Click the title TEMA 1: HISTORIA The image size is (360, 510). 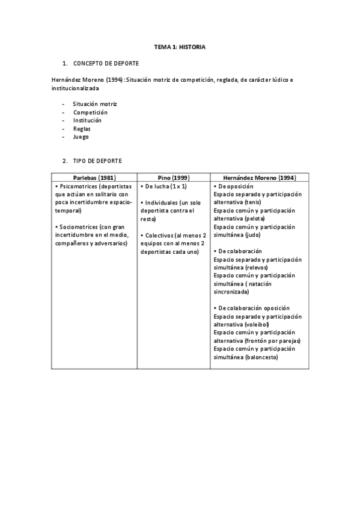pyautogui.click(x=180, y=47)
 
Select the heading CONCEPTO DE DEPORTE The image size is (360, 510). pyautogui.click(x=106, y=63)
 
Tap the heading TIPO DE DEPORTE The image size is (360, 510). pyautogui.click(x=97, y=161)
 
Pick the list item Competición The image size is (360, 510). pyautogui.click(x=90, y=112)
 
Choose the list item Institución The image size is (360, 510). pyautogui.click(x=87, y=120)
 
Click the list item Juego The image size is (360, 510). pyautogui.click(x=81, y=137)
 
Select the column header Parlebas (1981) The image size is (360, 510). pyautogui.click(x=94, y=178)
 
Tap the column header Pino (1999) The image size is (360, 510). pyautogui.click(x=173, y=178)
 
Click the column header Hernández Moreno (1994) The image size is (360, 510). pyautogui.click(x=259, y=178)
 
